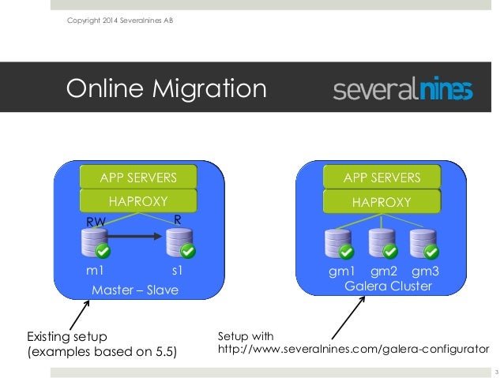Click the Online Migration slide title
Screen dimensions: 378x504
coord(165,88)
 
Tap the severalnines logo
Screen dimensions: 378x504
coord(403,90)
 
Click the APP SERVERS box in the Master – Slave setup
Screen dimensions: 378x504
coord(137,176)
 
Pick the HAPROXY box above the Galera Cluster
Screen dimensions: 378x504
coord(382,202)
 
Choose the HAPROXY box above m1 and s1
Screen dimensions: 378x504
coord(137,202)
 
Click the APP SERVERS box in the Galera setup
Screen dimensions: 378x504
coord(382,176)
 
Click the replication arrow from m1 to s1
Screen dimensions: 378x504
coord(138,234)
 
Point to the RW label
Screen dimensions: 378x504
coord(96,223)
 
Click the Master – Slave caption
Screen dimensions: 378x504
coord(135,291)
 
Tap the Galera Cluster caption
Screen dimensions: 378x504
coord(388,286)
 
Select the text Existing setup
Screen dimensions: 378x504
coord(67,337)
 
